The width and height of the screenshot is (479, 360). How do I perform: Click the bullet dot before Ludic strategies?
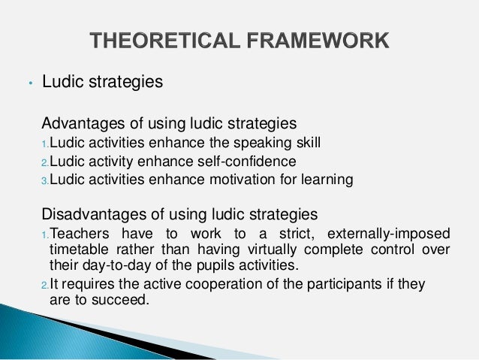[28, 83]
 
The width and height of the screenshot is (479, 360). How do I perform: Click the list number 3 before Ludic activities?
[44, 180]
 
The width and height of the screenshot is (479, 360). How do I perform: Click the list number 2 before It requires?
[44, 285]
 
